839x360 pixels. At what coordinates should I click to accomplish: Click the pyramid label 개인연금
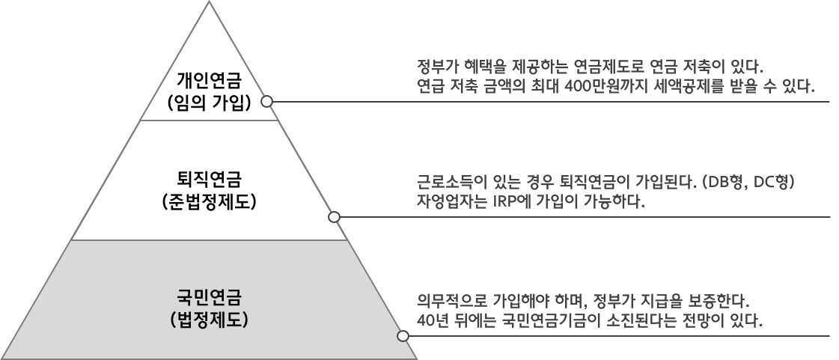click(210, 82)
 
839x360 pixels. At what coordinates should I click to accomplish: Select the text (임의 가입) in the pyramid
click(210, 103)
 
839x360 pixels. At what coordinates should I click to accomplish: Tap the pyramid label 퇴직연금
click(210, 177)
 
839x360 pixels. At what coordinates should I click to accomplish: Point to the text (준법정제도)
click(210, 201)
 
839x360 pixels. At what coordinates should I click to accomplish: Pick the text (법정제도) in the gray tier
click(210, 320)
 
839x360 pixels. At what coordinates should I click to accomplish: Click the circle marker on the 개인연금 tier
click(266, 101)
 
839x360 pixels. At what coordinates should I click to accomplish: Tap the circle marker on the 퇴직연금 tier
click(334, 216)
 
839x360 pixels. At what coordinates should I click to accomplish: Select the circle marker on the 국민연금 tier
click(403, 336)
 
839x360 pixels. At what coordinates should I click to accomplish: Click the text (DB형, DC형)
click(748, 182)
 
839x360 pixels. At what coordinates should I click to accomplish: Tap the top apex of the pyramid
click(209, 1)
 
